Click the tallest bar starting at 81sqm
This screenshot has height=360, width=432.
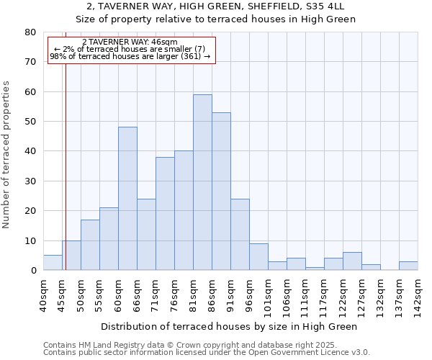[202, 182]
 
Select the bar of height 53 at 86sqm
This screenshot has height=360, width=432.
[221, 192]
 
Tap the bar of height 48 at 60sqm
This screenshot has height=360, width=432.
[127, 199]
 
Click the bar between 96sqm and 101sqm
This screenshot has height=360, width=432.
[258, 257]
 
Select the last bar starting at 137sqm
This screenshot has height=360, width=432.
[408, 266]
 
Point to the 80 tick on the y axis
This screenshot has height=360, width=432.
[30, 32]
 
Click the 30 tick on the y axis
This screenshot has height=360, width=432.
[30, 181]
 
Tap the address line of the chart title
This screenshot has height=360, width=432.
[215, 6]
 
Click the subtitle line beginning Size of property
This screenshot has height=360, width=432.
[215, 19]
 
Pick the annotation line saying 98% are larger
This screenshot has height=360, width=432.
[130, 56]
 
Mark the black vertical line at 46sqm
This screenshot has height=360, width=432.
[66, 166]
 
